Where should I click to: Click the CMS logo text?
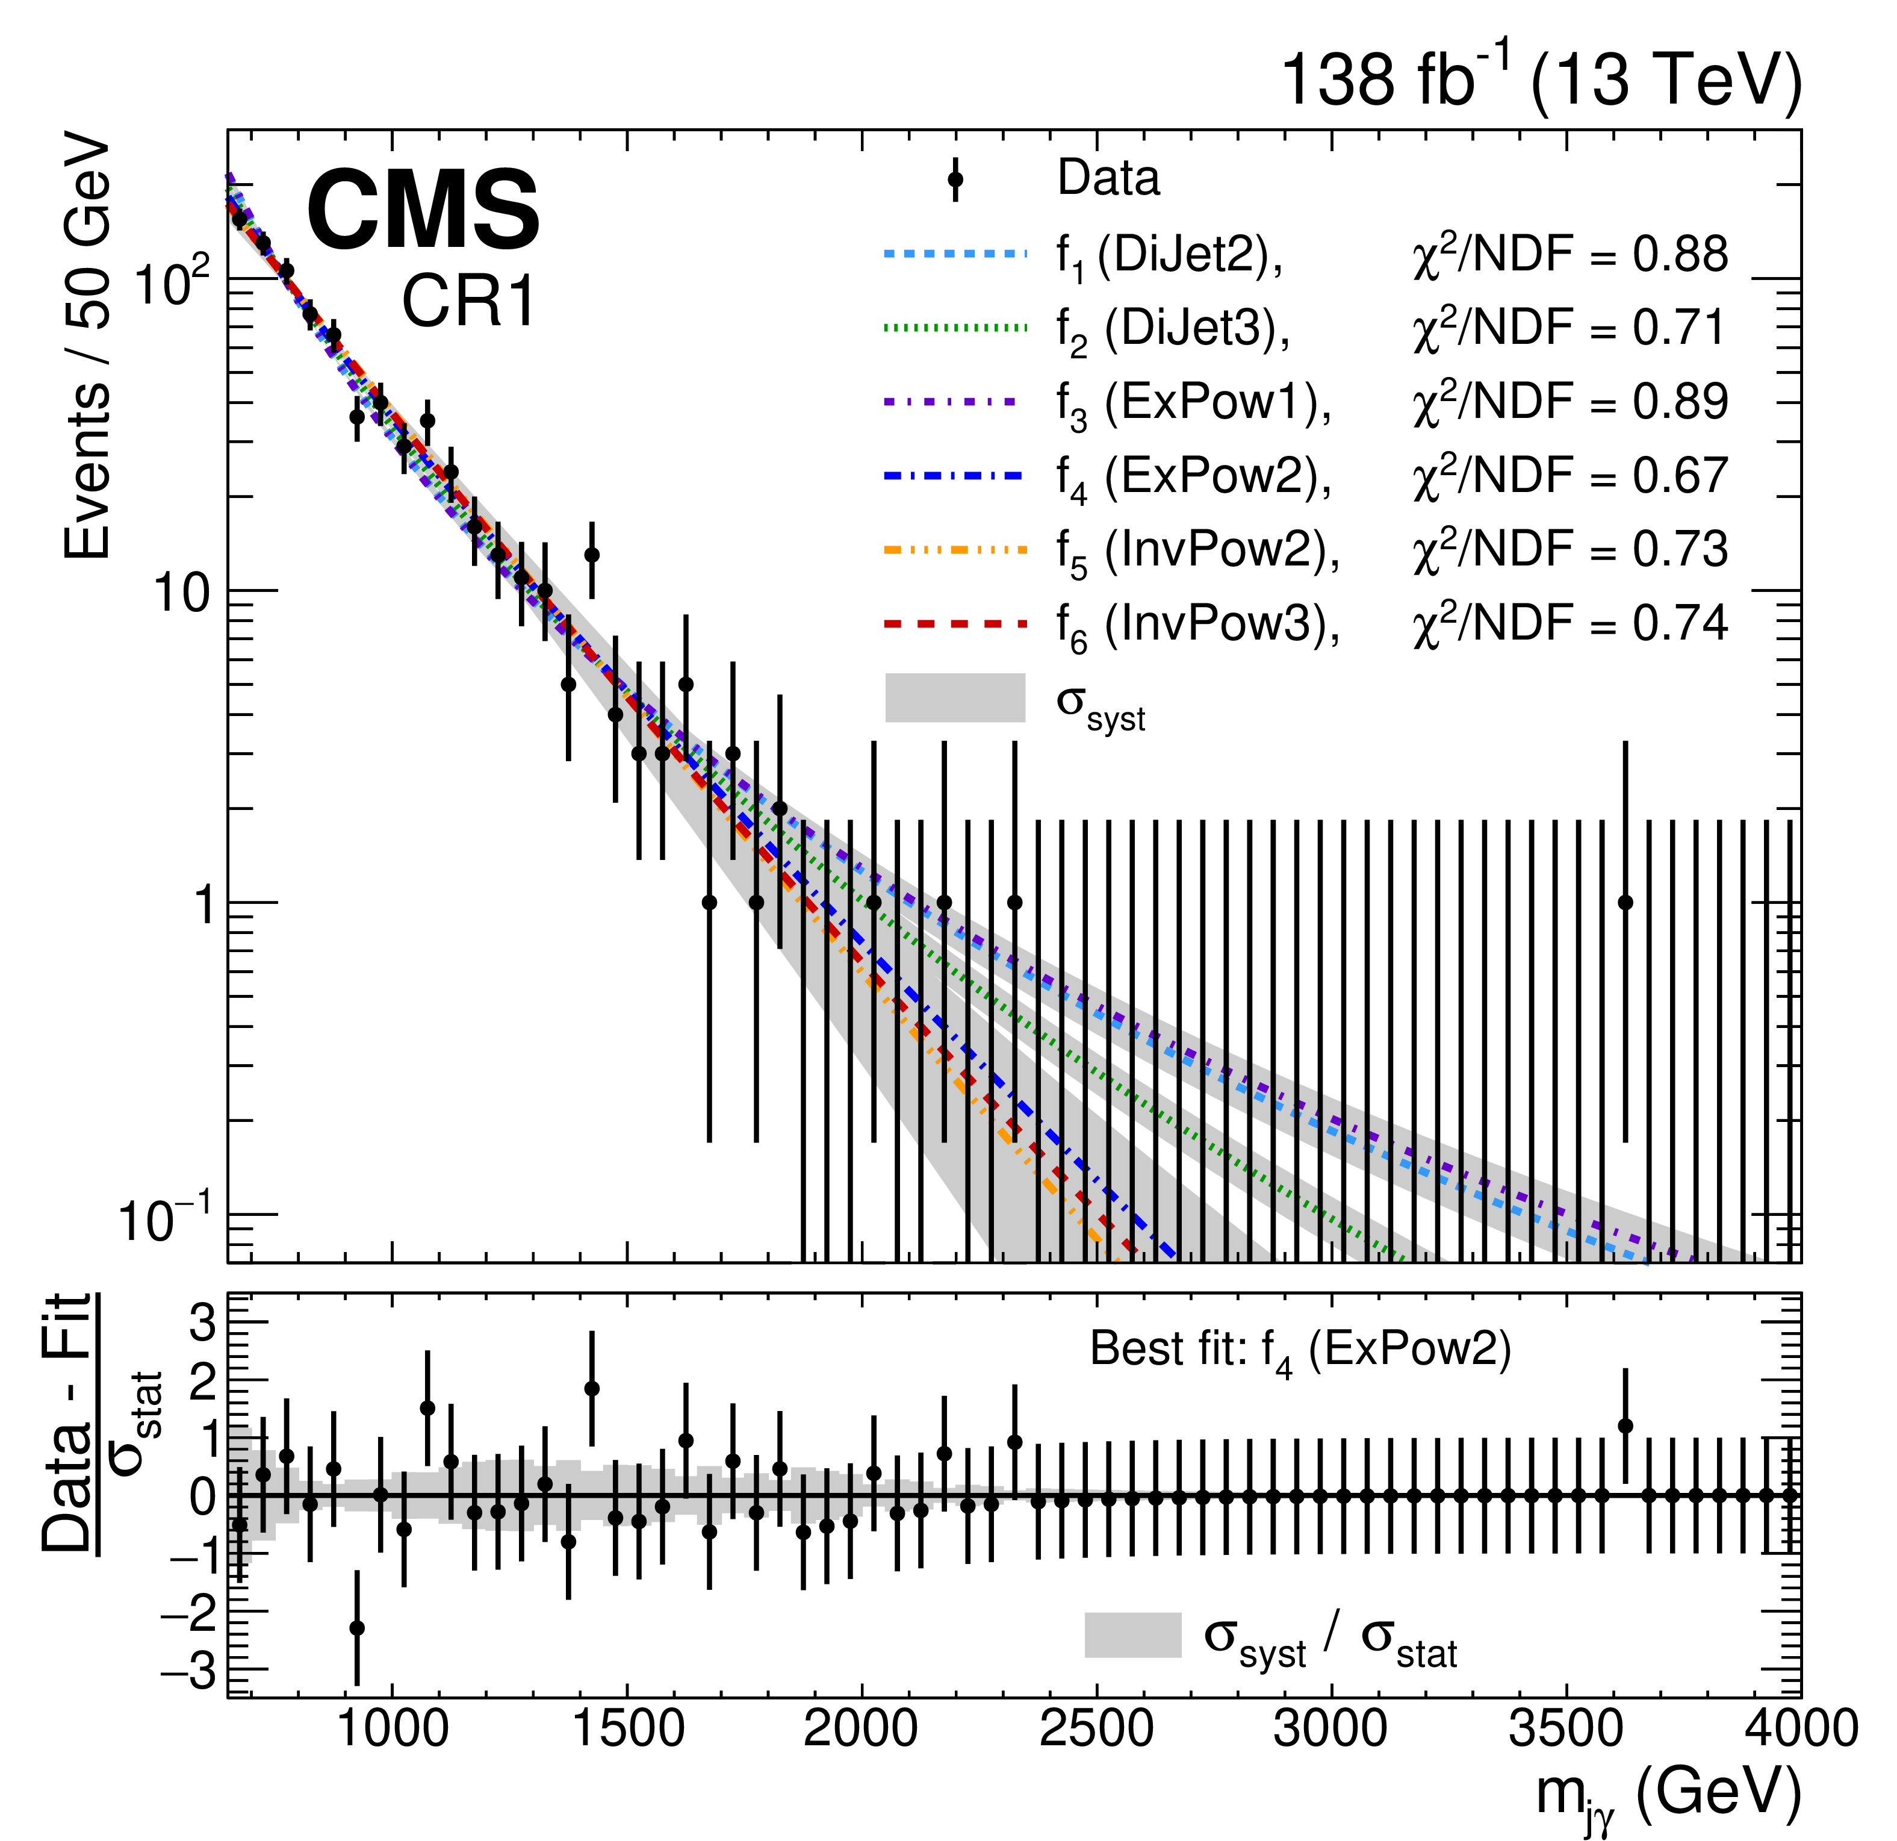click(x=423, y=210)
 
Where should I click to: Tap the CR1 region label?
click(x=468, y=301)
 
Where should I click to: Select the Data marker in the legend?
click(x=955, y=179)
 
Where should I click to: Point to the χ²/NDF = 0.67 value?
click(x=1570, y=475)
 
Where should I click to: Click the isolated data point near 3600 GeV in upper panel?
click(x=1625, y=902)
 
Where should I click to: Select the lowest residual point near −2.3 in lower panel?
click(x=357, y=1627)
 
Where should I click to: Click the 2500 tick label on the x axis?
click(x=1096, y=1729)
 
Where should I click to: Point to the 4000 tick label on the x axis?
click(x=1799, y=1729)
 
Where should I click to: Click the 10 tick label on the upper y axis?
click(x=182, y=593)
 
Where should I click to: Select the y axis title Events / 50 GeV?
click(x=88, y=349)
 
